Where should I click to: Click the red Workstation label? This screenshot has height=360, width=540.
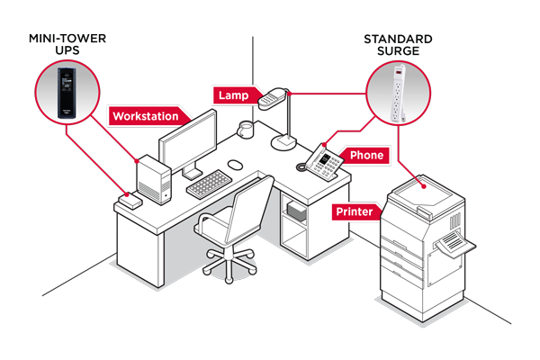click(151, 116)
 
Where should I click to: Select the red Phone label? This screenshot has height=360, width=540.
click(366, 156)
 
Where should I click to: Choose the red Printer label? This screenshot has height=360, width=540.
click(355, 212)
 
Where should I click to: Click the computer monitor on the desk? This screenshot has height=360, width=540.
click(189, 145)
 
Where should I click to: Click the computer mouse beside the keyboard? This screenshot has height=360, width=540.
click(235, 164)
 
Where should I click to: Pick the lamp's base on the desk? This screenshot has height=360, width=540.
click(287, 142)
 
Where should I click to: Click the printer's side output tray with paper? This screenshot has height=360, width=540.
click(453, 242)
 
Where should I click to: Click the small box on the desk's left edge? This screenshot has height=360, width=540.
click(130, 201)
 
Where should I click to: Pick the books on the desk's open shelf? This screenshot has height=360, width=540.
click(294, 213)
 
